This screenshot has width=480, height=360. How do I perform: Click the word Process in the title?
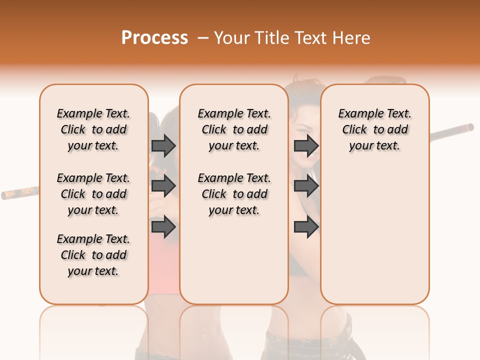pyautogui.click(x=154, y=38)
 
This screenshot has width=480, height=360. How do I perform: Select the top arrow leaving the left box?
pyautogui.click(x=163, y=145)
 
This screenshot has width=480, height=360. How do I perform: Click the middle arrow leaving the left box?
pyautogui.click(x=163, y=186)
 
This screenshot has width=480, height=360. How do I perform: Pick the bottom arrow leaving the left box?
pyautogui.click(x=163, y=226)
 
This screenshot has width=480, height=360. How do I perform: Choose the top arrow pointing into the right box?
pyautogui.click(x=306, y=145)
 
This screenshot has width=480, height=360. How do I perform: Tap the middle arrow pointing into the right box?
pyautogui.click(x=306, y=186)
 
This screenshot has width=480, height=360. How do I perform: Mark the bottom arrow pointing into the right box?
pyautogui.click(x=306, y=226)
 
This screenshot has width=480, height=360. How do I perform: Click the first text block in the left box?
pyautogui.click(x=93, y=129)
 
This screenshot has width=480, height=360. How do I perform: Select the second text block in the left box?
pyautogui.click(x=93, y=194)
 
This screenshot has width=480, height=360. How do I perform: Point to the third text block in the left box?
pyautogui.click(x=93, y=255)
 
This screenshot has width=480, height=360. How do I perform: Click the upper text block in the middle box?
pyautogui.click(x=234, y=129)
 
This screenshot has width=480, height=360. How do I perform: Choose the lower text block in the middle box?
pyautogui.click(x=234, y=194)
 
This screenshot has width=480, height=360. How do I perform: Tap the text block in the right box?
pyautogui.click(x=374, y=129)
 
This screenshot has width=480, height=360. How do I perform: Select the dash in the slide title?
pyautogui.click(x=203, y=38)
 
